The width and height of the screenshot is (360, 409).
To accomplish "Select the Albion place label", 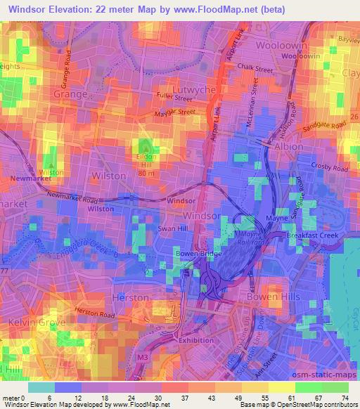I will [x=287, y=147].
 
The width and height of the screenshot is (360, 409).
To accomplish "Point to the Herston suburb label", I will [x=131, y=298].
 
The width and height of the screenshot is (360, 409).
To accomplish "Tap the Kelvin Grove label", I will [x=27, y=322].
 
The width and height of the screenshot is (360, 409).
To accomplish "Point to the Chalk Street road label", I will [x=255, y=69].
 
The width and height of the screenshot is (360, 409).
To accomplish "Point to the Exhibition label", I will [x=196, y=341].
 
